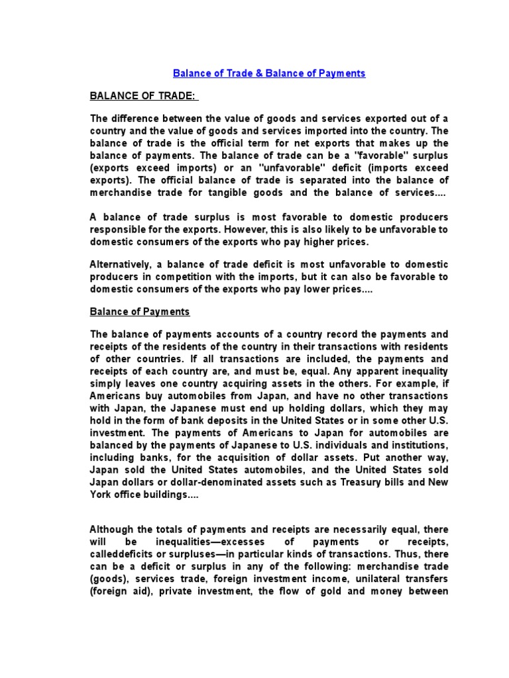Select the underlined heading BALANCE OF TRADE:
143,96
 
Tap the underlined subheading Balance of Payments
140,311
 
